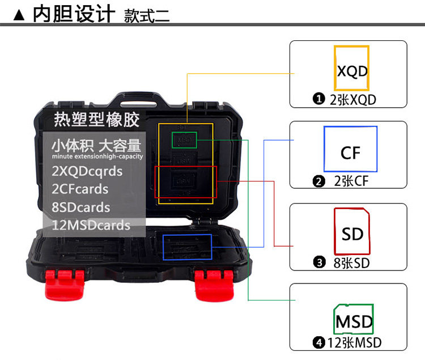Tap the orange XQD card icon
coord(352,68)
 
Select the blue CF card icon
coord(350,149)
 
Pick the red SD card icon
coord(352,231)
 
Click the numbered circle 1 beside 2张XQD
coord(318,99)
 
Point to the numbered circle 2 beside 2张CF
coord(318,181)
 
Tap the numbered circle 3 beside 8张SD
coord(318,262)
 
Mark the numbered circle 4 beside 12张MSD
coord(318,342)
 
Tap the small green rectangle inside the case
coord(184,138)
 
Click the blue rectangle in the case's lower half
coord(187,247)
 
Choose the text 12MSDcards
coord(91,225)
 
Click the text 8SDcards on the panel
coord(80,207)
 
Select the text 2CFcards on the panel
coord(79,189)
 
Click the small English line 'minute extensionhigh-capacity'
coord(97,156)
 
